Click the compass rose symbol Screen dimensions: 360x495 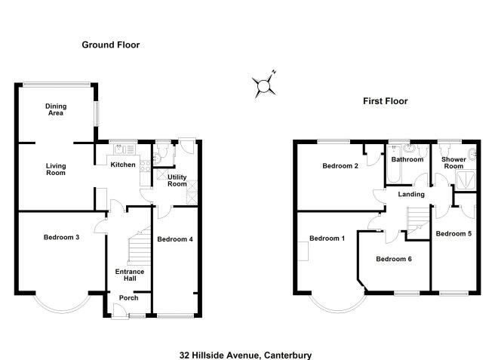[x=263, y=85]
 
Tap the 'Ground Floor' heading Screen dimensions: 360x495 [x=111, y=45]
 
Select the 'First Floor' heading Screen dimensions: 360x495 [x=386, y=100]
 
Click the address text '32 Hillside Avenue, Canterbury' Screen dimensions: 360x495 [x=246, y=354]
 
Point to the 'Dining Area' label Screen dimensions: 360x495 [x=54, y=110]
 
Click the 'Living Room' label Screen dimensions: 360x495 [x=56, y=169]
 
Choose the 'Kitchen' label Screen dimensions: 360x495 [x=123, y=165]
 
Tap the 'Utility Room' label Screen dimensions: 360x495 [x=177, y=180]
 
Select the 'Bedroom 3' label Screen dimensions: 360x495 [x=61, y=238]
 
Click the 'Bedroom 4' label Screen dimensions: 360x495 [x=175, y=239]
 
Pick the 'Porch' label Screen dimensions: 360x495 [x=129, y=297]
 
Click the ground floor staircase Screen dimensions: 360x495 [x=137, y=246]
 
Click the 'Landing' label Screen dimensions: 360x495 [x=411, y=195]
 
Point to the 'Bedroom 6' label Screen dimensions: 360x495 [x=394, y=259]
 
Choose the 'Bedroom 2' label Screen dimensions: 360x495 [x=340, y=166]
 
